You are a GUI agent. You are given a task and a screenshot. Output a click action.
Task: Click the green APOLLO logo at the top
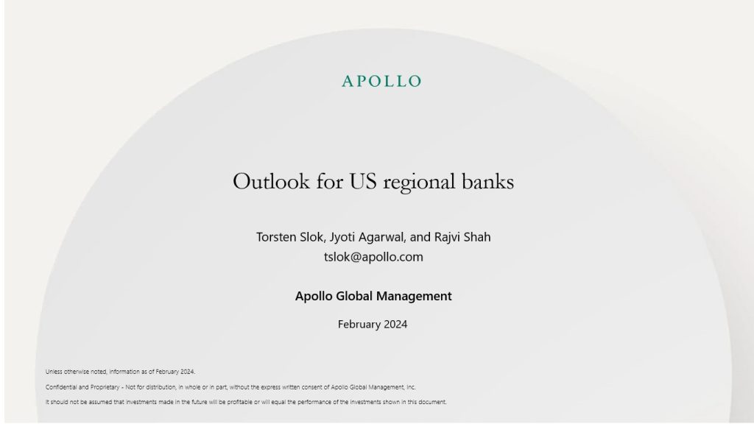[381, 81]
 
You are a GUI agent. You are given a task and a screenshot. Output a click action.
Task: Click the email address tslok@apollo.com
[373, 257]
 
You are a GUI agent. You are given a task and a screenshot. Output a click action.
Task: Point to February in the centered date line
[359, 324]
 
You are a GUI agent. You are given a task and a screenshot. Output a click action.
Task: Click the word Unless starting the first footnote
[54, 372]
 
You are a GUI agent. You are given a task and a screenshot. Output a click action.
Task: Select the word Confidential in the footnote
[61, 387]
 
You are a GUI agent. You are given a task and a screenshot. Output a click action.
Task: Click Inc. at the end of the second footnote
[411, 387]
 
